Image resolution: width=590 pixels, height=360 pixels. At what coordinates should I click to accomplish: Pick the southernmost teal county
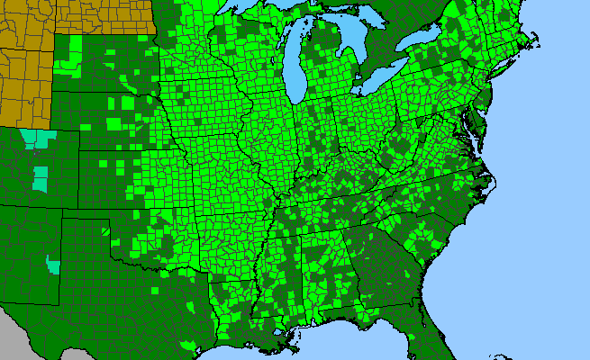point(53,265)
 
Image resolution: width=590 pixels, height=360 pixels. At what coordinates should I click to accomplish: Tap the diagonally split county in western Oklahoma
point(107,232)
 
